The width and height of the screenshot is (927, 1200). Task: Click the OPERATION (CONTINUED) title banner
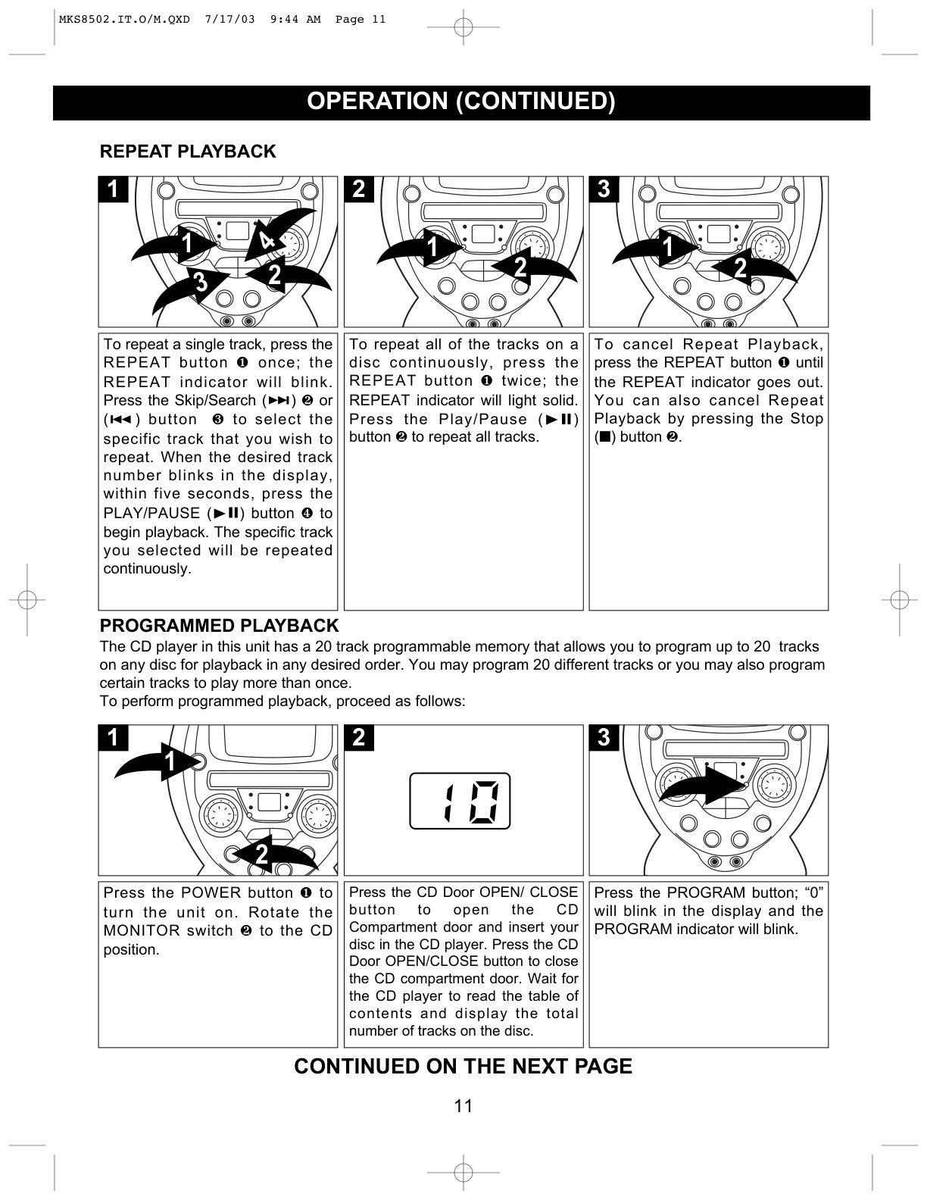tap(461, 102)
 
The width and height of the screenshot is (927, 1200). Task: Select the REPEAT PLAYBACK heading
tap(188, 152)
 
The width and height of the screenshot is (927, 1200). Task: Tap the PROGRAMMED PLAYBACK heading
tap(219, 625)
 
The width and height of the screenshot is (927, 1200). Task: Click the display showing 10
tap(460, 801)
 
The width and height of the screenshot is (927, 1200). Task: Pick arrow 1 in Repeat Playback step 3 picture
tap(655, 248)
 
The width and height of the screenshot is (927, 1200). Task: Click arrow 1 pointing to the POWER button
tap(158, 761)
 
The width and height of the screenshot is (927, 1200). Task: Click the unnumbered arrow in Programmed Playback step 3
tap(702, 784)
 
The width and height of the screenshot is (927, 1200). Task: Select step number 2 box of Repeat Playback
tap(359, 189)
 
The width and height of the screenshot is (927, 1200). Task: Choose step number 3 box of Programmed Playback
tap(604, 738)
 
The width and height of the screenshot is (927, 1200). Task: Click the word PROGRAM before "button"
tap(706, 893)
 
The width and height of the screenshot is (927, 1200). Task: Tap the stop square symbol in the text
tap(605, 437)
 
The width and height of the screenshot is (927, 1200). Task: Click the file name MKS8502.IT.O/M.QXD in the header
tap(124, 20)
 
